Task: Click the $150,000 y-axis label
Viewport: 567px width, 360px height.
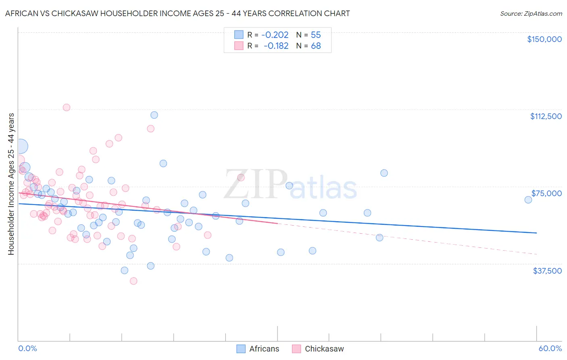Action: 544,39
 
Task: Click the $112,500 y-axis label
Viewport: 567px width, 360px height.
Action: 546,116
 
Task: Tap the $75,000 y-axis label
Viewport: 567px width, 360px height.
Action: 546,193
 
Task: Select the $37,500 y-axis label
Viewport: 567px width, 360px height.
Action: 547,271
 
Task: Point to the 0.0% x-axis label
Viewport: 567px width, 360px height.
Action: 27,348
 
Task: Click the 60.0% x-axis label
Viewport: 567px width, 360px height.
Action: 550,348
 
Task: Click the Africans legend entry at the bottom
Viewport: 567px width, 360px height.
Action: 264,349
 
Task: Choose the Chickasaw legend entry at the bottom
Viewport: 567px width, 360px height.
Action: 324,349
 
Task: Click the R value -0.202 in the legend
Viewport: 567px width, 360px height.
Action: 275,35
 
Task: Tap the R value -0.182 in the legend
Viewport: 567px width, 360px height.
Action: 276,46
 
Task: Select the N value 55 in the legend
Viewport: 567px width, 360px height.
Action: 316,35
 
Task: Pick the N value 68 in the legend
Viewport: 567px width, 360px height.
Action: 316,46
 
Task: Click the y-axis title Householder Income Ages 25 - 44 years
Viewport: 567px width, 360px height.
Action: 11,184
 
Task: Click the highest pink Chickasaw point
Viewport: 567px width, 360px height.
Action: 67,107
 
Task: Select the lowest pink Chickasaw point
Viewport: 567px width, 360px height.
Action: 133,281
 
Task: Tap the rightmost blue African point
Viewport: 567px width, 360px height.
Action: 528,200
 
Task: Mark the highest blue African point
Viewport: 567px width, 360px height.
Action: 154,115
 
